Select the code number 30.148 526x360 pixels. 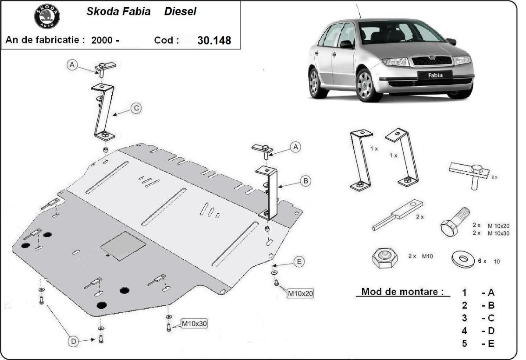tap(214, 40)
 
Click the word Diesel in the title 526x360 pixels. tap(180, 12)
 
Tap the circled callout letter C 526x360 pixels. tap(137, 108)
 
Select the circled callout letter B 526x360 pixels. tap(306, 180)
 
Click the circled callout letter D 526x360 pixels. tap(74, 341)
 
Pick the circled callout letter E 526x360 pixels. tap(299, 262)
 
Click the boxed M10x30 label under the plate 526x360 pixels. tap(194, 324)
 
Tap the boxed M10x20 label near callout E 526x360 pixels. tap(300, 293)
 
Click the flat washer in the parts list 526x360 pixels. tap(462, 259)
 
